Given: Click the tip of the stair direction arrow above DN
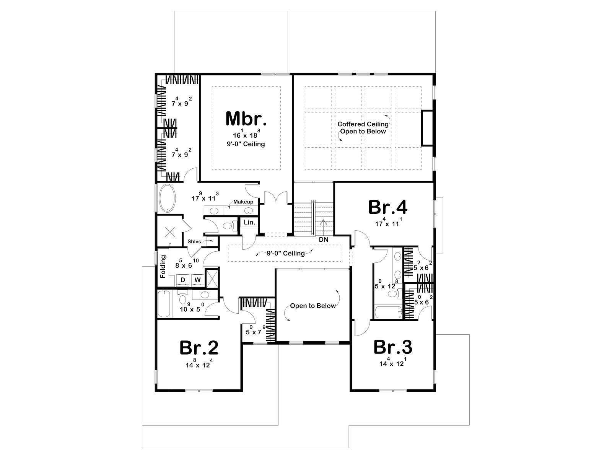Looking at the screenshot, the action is [324, 220].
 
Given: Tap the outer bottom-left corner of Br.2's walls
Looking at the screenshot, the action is [156, 392].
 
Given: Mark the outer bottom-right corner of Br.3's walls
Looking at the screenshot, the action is [435, 392].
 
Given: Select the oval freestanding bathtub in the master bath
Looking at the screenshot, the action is [167, 198].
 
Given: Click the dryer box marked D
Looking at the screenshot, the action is [182, 280].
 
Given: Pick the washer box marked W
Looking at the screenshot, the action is [197, 280].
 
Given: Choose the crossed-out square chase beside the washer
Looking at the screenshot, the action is [212, 278].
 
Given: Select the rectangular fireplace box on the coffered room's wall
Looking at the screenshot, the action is [427, 128].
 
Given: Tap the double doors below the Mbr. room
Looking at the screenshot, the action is [276, 197].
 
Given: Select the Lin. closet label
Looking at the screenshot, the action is [249, 222].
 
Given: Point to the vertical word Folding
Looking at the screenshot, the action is [163, 267].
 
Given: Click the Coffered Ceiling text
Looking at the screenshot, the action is [363, 124].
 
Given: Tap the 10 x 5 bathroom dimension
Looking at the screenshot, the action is [192, 308].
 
